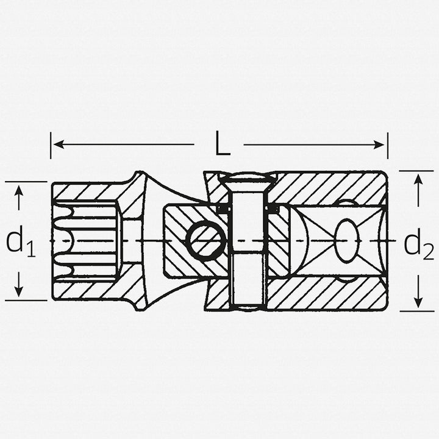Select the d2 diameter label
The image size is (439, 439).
pos(418,244)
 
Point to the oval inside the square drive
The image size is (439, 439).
pos(346,240)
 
